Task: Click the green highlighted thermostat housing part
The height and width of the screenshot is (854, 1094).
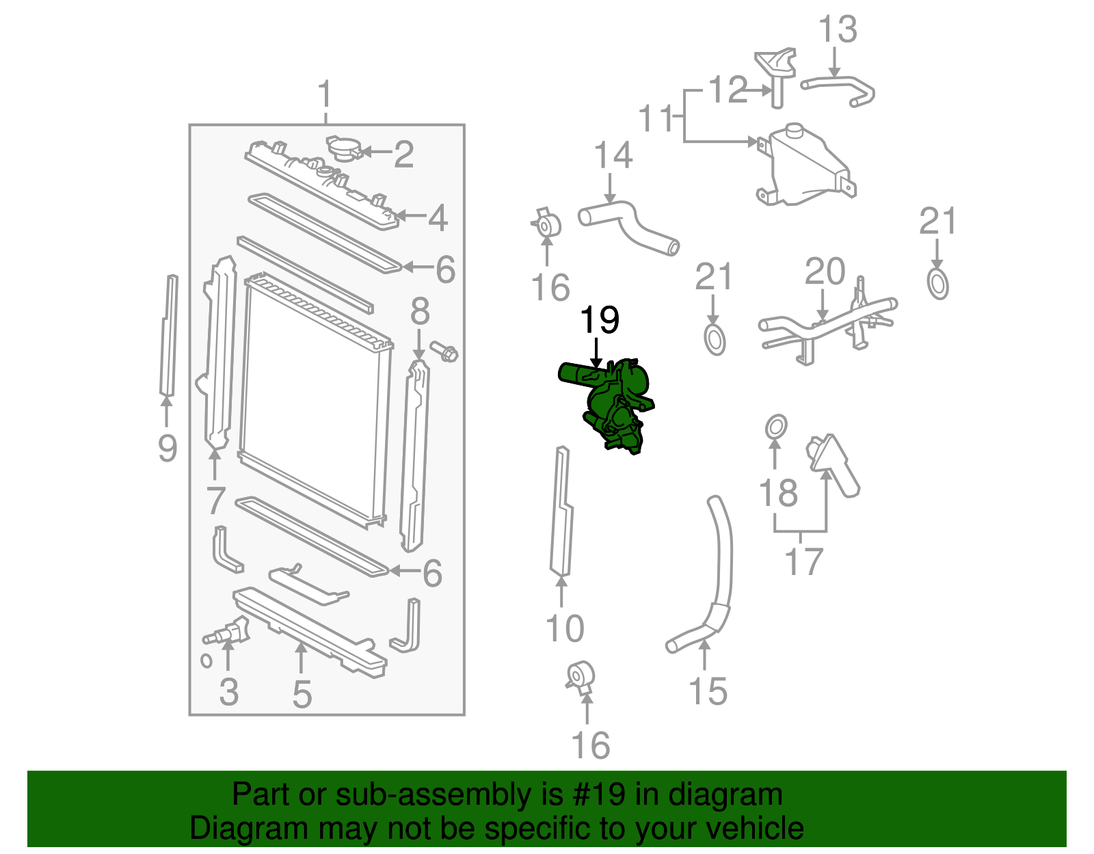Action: point(612,403)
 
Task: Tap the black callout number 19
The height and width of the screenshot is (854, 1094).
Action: point(600,320)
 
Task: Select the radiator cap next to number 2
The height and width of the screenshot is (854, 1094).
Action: point(345,148)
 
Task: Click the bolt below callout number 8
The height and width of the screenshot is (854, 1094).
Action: point(445,352)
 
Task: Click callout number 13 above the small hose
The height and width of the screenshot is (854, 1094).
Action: point(838,30)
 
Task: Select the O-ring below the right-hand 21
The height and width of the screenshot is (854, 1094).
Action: point(938,284)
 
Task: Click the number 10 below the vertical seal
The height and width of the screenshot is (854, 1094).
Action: point(565,628)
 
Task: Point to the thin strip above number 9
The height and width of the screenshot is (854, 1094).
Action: point(168,335)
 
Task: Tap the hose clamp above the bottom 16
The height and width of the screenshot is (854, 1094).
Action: point(582,677)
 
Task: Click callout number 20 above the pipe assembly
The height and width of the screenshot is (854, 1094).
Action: point(825,272)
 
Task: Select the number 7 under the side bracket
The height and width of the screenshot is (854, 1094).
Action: point(215,501)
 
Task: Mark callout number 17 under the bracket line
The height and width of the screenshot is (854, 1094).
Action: point(803,562)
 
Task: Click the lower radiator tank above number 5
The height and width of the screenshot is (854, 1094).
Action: point(308,629)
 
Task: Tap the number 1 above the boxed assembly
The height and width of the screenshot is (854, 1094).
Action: point(325,96)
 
